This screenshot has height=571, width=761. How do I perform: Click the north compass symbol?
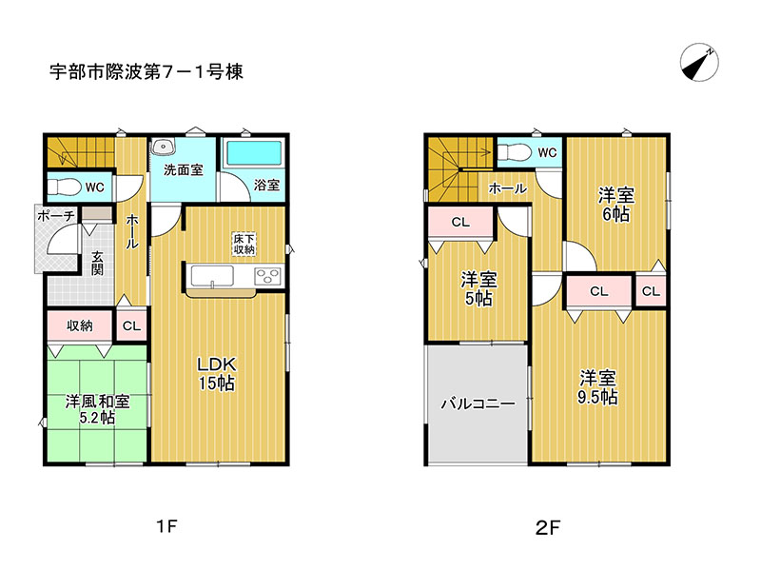699,63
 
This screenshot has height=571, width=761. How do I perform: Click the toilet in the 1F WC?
65,186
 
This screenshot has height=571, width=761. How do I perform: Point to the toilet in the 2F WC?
514,152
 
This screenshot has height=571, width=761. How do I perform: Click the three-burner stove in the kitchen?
268,276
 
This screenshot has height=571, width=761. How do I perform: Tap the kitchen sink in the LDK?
212,276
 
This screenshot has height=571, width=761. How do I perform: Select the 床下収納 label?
244,245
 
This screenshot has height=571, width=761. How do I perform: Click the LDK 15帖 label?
217,373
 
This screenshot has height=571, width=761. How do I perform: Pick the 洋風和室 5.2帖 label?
97,409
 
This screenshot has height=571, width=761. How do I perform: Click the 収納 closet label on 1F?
80,325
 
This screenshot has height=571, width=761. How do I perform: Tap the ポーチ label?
56,216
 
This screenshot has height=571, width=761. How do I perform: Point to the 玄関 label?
97,263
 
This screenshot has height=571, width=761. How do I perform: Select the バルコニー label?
478,403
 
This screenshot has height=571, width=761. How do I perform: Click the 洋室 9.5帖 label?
597,387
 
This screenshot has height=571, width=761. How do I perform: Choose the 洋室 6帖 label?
615,205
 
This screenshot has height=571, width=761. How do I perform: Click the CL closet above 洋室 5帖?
460,222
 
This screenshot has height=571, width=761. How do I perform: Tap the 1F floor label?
167,526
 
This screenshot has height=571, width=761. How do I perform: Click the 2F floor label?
548,527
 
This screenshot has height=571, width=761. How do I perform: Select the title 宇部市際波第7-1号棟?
146,72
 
